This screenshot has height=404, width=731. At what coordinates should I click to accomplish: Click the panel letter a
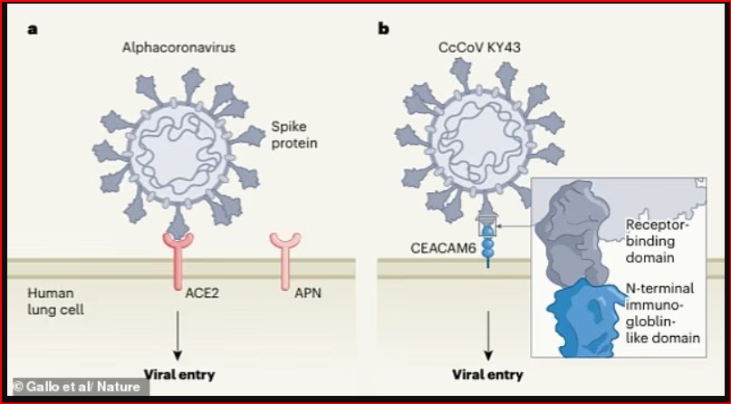[32, 29]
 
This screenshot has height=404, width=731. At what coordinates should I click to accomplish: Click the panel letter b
[383, 28]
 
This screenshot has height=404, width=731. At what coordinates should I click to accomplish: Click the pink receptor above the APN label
[286, 258]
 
